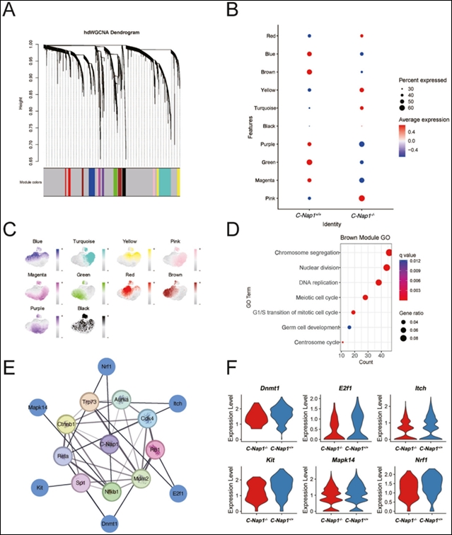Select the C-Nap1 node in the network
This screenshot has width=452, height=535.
108,442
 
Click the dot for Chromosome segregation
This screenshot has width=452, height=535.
388,253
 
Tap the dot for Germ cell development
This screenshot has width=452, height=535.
349,327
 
